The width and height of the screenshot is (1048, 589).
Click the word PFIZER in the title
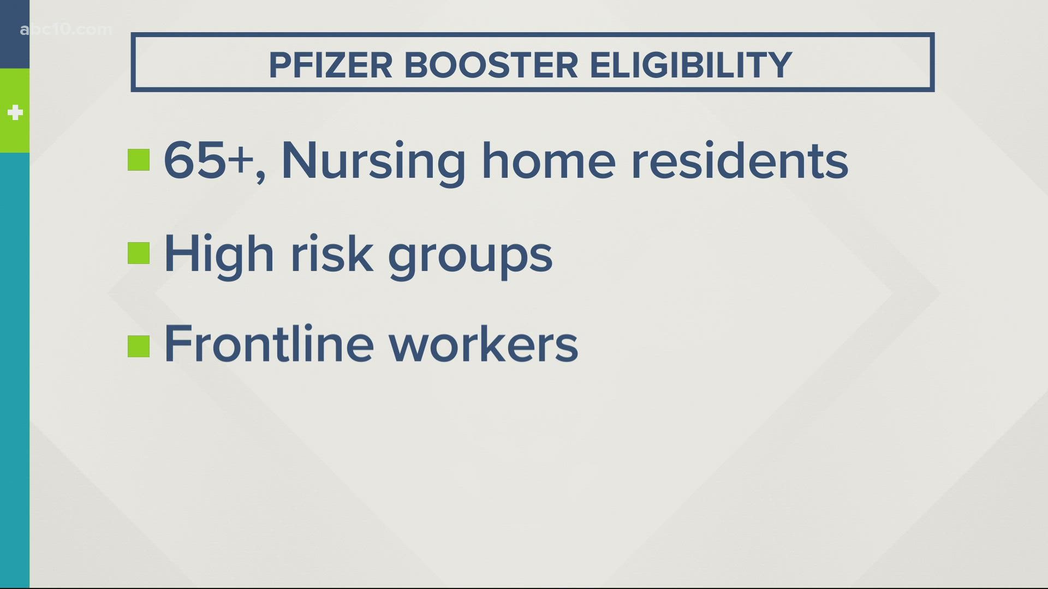[x=330, y=65]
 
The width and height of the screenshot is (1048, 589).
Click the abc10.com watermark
[x=65, y=29]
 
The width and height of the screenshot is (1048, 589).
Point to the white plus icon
[x=15, y=113]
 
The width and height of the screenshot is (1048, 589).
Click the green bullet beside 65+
[x=139, y=160]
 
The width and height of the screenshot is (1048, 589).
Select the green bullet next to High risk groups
[x=139, y=253]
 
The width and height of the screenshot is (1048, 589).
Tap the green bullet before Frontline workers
[x=139, y=346]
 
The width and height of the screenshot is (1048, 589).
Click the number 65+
[x=209, y=160]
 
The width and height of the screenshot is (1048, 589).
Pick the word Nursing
[x=373, y=163]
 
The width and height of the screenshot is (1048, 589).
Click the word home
[x=548, y=160]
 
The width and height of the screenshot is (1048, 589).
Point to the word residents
[x=740, y=160]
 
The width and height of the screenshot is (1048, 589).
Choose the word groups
[x=470, y=259]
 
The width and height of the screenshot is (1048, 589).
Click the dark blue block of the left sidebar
[x=15, y=34]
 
